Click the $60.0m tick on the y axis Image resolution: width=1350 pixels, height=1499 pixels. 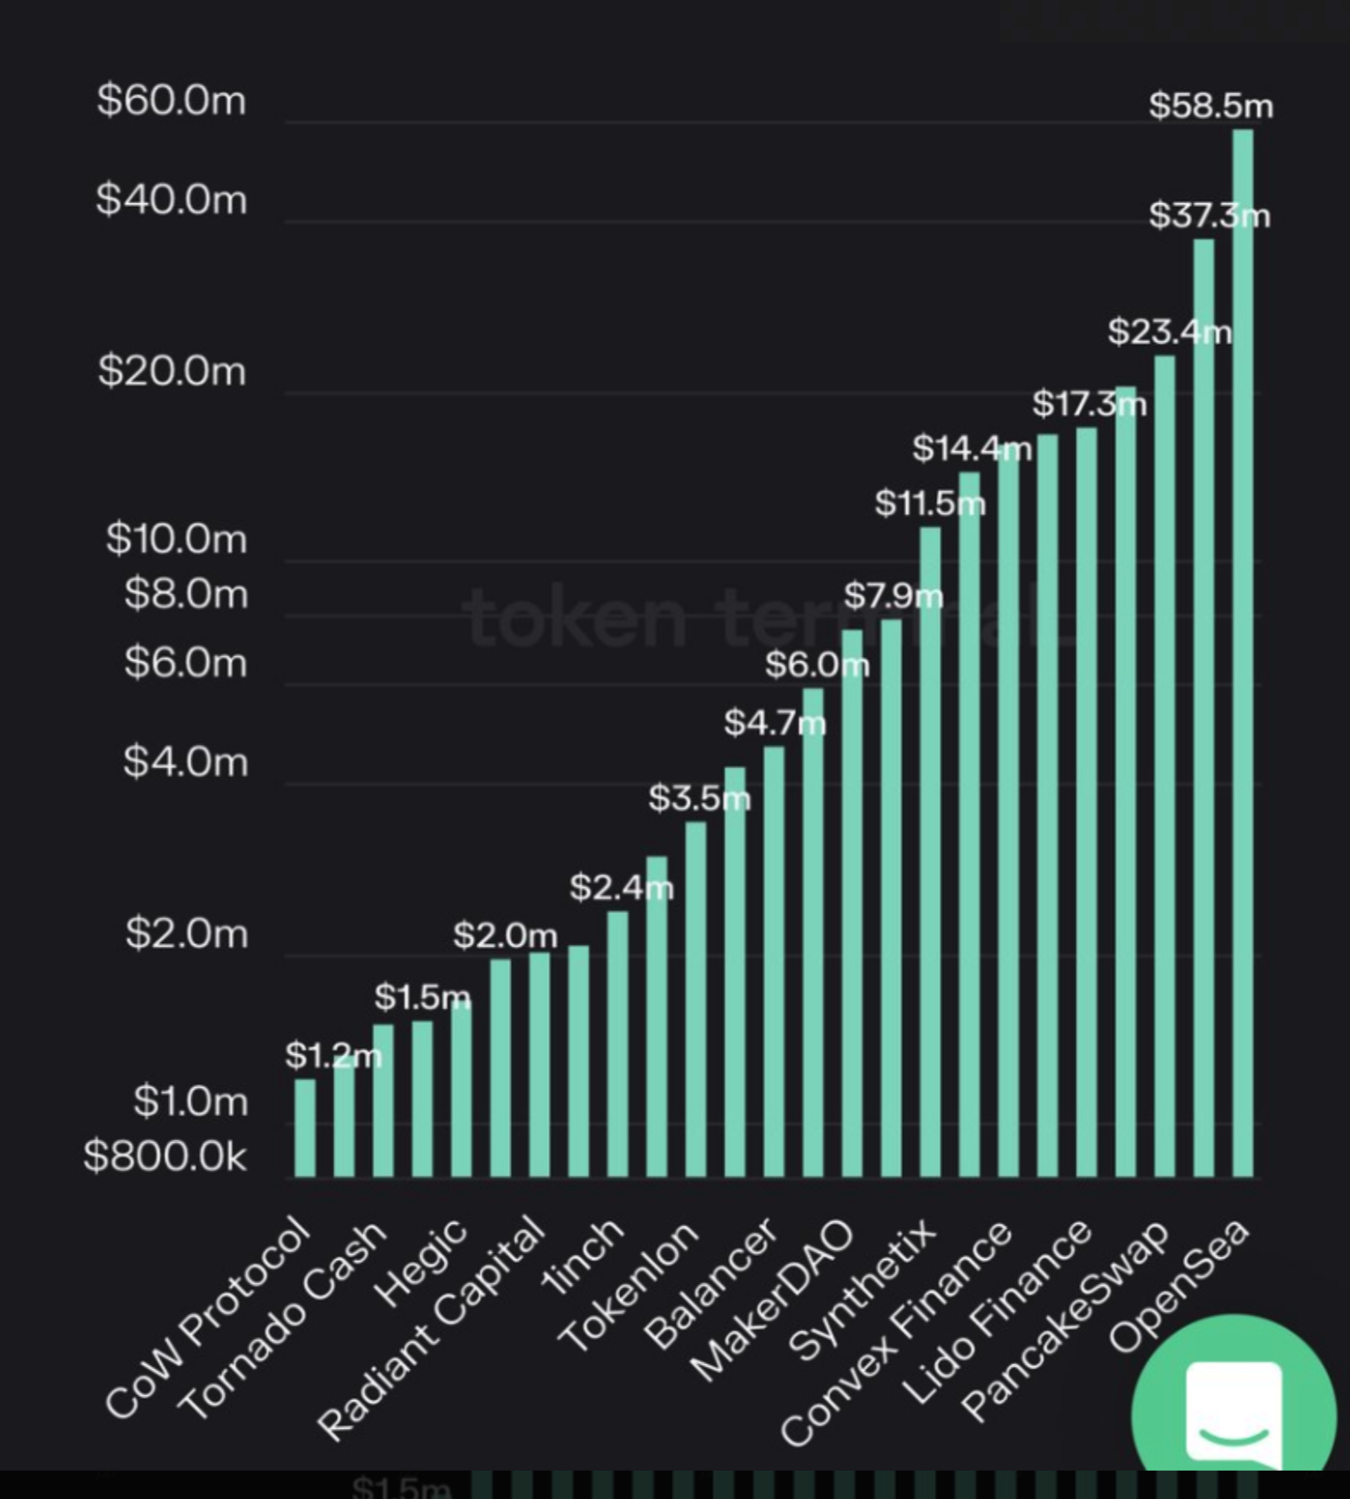click(x=171, y=100)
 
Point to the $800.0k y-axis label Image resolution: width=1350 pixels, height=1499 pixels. click(x=164, y=1156)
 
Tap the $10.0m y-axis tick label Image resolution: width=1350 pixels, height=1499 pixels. click(x=176, y=539)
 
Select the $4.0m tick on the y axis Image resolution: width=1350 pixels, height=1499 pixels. click(x=185, y=762)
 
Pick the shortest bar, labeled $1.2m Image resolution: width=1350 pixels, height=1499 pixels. click(x=305, y=1128)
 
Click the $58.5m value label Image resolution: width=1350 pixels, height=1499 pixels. click(x=1211, y=106)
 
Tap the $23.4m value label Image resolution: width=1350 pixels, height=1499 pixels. click(x=1169, y=332)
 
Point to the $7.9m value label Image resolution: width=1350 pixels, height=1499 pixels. click(x=893, y=595)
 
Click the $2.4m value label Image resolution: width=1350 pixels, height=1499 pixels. click(x=621, y=886)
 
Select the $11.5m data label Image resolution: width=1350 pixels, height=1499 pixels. click(x=929, y=504)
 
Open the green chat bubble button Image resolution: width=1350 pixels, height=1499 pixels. click(x=1234, y=1403)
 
